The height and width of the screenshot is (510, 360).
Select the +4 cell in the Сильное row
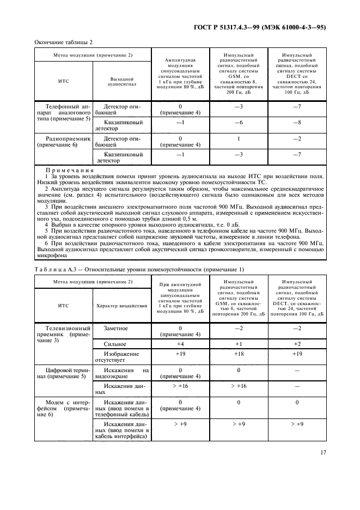pyautogui.click(x=180, y=344)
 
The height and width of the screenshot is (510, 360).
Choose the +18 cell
pyautogui.click(x=238, y=354)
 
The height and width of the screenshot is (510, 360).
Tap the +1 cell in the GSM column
pyautogui.click(x=238, y=344)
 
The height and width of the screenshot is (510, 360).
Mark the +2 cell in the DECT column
pyautogui.click(x=296, y=344)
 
